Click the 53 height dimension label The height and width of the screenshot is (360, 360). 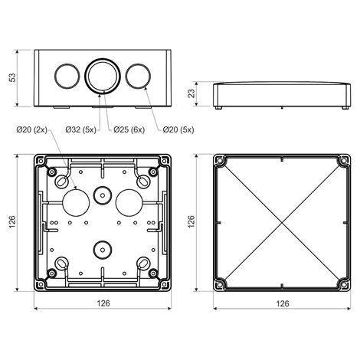[x=12, y=77]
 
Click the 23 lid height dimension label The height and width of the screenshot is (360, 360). [x=191, y=93]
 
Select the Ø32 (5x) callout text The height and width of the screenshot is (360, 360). [x=80, y=129]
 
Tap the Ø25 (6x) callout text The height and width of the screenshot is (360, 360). [x=129, y=129]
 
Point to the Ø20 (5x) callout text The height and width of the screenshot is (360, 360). [x=178, y=129]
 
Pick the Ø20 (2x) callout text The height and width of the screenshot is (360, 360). [x=31, y=129]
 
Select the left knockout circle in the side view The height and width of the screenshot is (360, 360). [x=67, y=76]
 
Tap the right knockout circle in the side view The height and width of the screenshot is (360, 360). [x=138, y=76]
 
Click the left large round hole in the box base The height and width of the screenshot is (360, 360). [x=76, y=203]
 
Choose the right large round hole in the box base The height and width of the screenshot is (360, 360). [x=129, y=203]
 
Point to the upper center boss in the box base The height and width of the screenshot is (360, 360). [x=103, y=195]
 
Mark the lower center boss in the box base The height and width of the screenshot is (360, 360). [x=103, y=250]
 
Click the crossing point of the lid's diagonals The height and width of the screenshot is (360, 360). [x=282, y=223]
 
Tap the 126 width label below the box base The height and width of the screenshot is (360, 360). [x=103, y=303]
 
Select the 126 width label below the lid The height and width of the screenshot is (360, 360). [x=283, y=303]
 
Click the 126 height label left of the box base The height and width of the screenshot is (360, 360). [x=12, y=221]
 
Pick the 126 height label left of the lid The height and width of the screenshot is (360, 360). [x=191, y=221]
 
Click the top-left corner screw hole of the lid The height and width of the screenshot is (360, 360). [x=219, y=161]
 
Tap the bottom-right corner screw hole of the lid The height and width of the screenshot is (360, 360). [x=345, y=284]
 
